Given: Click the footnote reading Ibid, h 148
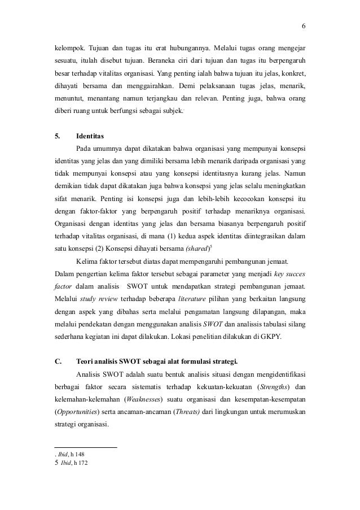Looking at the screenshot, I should coord(68,454).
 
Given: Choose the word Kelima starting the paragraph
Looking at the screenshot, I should coord(87,263).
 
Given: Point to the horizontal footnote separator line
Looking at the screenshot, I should coord(85,447).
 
